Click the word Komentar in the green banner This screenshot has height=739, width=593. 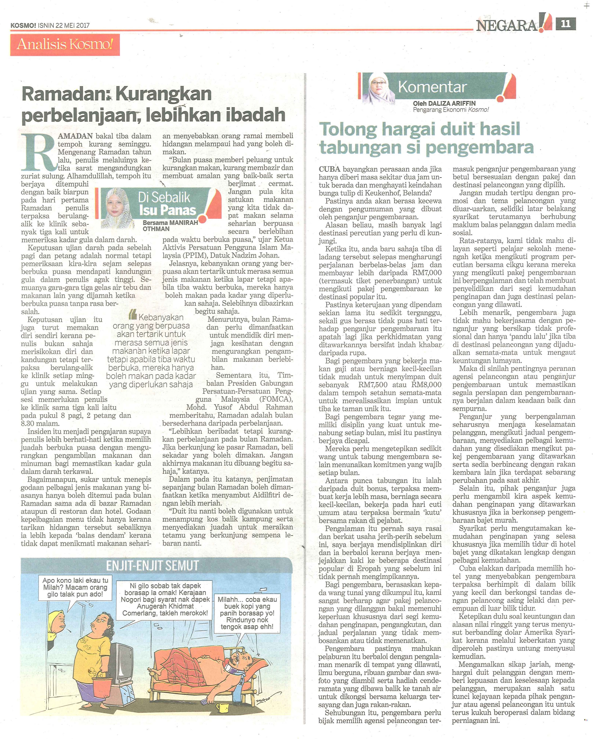point(432,87)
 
